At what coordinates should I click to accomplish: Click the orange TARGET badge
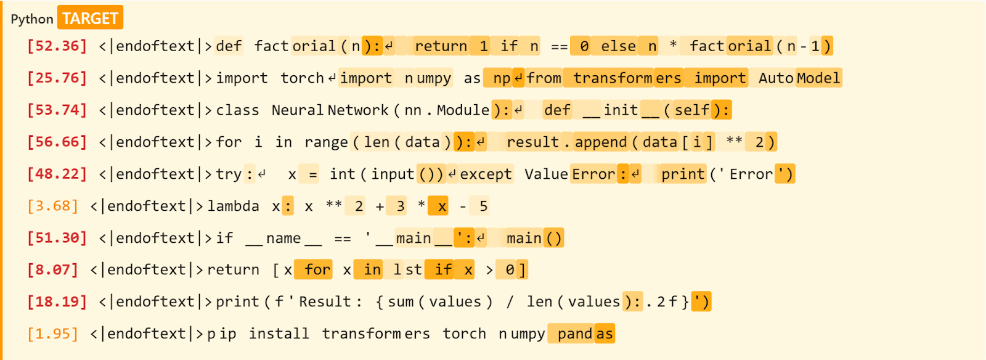(x=90, y=18)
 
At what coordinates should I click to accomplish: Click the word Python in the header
(x=32, y=19)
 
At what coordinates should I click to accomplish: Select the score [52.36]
(x=57, y=46)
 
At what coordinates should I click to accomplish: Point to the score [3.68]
(x=52, y=206)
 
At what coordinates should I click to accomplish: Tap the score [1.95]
(x=52, y=334)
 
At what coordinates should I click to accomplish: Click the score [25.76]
(x=57, y=78)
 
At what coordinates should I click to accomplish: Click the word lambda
(x=233, y=206)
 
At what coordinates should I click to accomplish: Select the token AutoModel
(x=799, y=78)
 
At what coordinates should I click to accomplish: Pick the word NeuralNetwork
(x=330, y=110)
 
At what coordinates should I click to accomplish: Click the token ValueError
(x=569, y=174)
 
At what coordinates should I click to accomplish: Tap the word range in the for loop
(x=326, y=142)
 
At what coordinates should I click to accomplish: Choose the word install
(x=279, y=334)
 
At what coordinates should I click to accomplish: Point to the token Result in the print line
(x=325, y=302)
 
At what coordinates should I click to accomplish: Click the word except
(x=486, y=174)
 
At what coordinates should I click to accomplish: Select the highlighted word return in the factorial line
(x=441, y=46)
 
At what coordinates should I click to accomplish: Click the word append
(x=600, y=142)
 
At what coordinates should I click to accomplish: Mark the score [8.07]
(x=52, y=270)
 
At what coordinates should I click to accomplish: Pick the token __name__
(x=283, y=238)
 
